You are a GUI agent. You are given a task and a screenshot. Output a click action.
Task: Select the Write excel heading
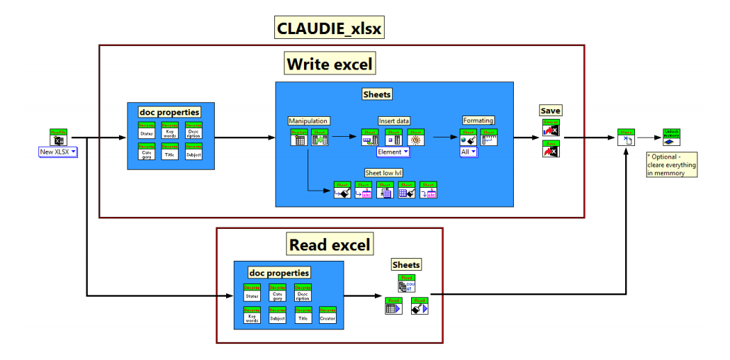pyautogui.click(x=329, y=64)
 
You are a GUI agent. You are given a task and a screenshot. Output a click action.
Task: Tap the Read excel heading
pyautogui.click(x=330, y=245)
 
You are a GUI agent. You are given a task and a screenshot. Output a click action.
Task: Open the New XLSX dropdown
pyautogui.click(x=57, y=152)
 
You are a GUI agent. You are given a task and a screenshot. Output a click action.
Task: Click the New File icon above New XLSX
pyautogui.click(x=58, y=137)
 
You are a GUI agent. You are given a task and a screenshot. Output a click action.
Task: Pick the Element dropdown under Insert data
pyautogui.click(x=393, y=152)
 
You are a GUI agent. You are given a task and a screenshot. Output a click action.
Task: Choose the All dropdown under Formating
pyautogui.click(x=468, y=152)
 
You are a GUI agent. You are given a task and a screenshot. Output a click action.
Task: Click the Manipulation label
pyautogui.click(x=308, y=120)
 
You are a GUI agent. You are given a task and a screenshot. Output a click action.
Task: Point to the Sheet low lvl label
pyautogui.click(x=383, y=173)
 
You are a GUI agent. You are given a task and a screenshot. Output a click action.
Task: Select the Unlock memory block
pyautogui.click(x=671, y=137)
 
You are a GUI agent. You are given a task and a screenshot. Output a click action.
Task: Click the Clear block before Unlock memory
pyautogui.click(x=626, y=137)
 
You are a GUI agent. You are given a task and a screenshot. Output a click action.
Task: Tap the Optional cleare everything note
pyautogui.click(x=671, y=164)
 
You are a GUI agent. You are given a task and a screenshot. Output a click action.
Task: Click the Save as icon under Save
pyautogui.click(x=551, y=150)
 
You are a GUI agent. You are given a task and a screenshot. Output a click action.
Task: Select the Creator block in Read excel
pyautogui.click(x=327, y=316)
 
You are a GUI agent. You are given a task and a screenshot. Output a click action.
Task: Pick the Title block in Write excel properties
pyautogui.click(x=170, y=152)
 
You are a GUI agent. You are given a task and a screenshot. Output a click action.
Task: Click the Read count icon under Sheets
pyautogui.click(x=406, y=284)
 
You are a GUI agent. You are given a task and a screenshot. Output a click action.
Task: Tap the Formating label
pyautogui.click(x=478, y=120)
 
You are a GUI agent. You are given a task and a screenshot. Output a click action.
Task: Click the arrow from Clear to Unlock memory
pyautogui.click(x=648, y=138)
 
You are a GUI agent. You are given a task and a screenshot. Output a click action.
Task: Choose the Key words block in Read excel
pyautogui.click(x=252, y=316)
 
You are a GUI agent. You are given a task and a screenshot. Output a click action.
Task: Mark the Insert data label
pyautogui.click(x=394, y=120)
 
